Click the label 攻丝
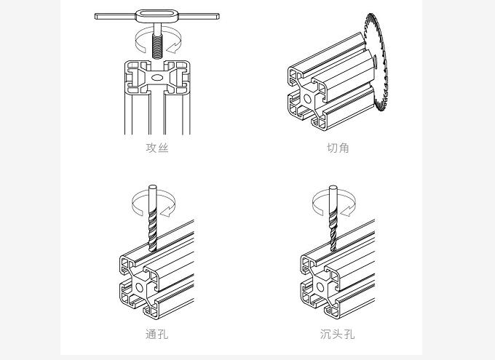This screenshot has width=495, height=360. pos(157,148)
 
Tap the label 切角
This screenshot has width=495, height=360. pos(338,148)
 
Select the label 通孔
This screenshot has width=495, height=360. pos(157,334)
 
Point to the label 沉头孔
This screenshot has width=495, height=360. pos(338,334)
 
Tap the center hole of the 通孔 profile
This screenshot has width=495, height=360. pos(140,287)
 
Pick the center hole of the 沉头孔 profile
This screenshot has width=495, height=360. pos(320,287)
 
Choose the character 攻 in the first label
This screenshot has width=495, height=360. pos(151,148)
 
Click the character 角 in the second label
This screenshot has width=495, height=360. pos(344,148)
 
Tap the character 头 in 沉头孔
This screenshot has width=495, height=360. pos(338,334)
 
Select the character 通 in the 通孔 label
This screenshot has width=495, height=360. pos(151,334)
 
